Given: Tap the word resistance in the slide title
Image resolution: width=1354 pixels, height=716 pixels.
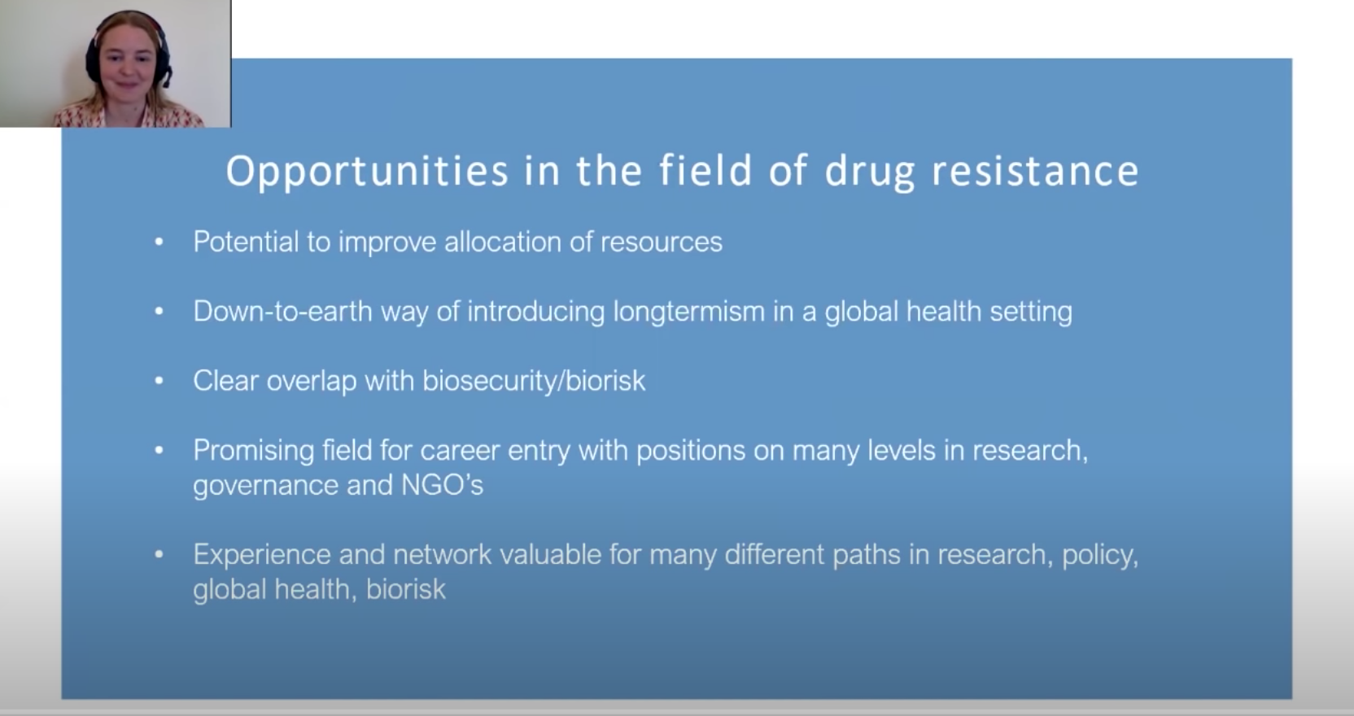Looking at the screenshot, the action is [x=1036, y=171].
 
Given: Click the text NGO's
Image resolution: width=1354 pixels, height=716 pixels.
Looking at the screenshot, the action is [x=443, y=485].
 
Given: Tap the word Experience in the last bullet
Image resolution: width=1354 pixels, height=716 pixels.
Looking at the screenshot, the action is [x=261, y=555].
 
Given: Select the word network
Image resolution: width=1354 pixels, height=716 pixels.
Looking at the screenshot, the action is [x=443, y=555].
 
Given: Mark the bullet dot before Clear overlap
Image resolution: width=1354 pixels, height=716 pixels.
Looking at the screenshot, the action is [x=159, y=381].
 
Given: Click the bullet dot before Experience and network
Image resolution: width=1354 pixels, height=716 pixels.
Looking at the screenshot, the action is [x=159, y=554].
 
